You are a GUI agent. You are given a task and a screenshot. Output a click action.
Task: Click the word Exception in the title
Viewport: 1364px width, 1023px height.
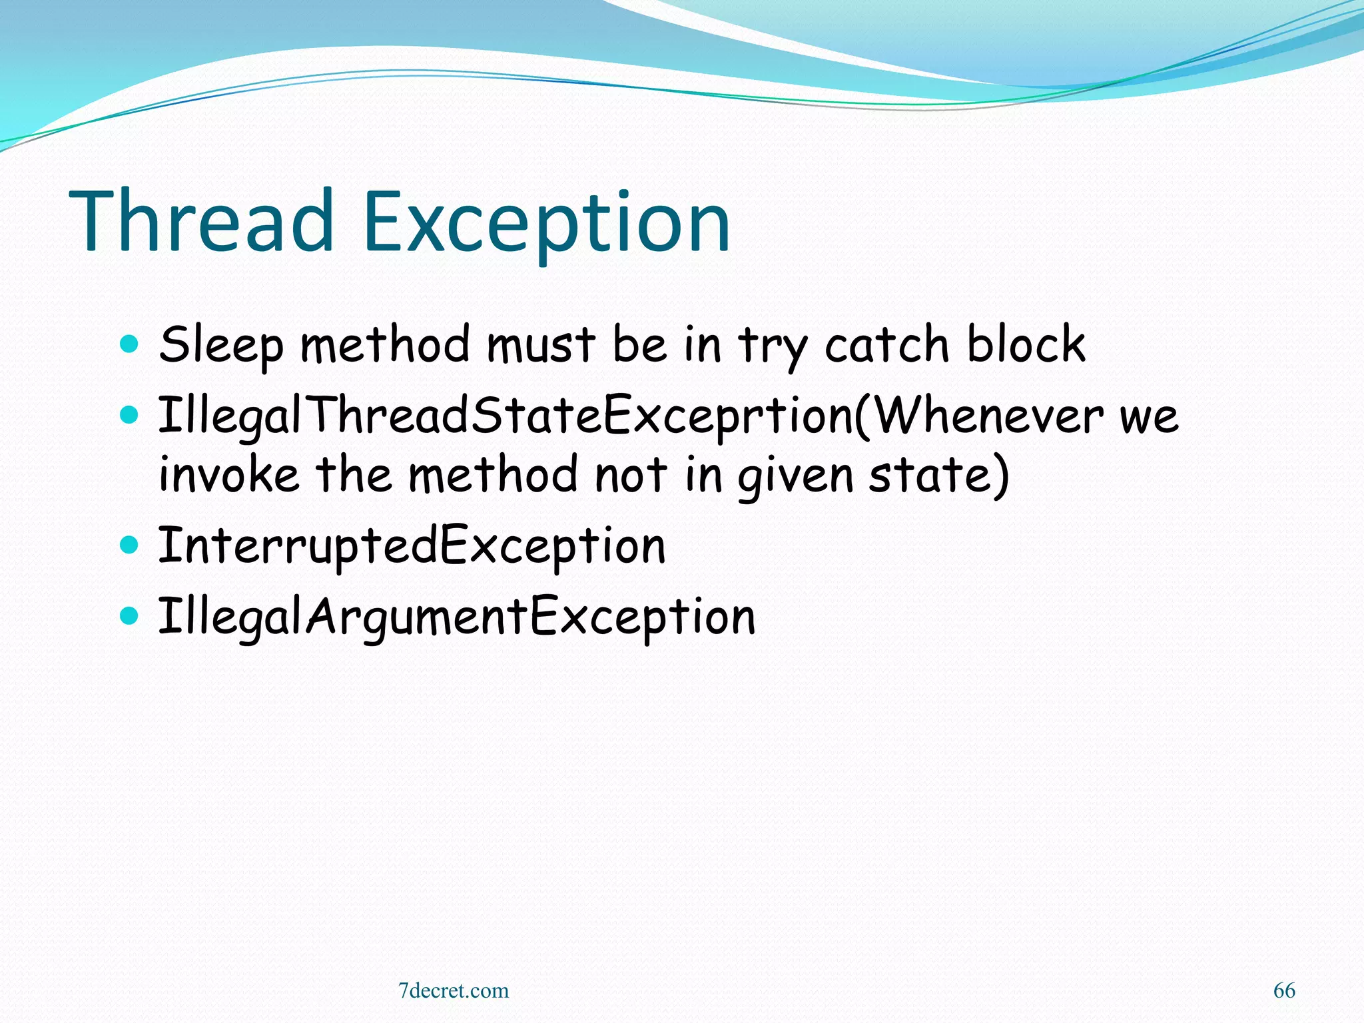pos(547,223)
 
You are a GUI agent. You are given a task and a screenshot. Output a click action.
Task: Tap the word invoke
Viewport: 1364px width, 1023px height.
pos(228,474)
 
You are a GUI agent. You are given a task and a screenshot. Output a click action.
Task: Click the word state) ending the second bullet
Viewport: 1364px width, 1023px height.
pos(939,474)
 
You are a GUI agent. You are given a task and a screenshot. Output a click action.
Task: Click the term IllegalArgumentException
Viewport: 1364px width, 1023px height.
pos(457,617)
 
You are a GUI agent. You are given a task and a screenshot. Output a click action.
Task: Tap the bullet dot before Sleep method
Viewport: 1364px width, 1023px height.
pos(129,344)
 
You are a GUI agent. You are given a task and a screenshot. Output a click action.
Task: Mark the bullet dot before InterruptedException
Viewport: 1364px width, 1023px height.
pos(129,545)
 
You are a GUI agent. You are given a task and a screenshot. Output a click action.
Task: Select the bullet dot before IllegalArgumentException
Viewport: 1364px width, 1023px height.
pos(129,616)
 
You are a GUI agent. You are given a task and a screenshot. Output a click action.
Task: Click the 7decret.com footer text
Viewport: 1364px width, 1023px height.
pos(454,990)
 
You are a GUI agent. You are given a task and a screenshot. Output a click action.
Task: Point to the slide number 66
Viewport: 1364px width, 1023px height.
pos(1284,990)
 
